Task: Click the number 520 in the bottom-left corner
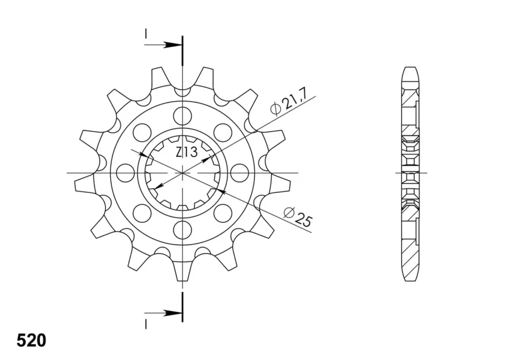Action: point(31,341)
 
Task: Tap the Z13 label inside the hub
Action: point(187,152)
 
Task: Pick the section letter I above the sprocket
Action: point(146,34)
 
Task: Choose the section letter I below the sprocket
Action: point(146,324)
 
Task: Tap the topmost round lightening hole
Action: point(182,115)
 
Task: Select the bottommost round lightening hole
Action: point(182,230)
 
